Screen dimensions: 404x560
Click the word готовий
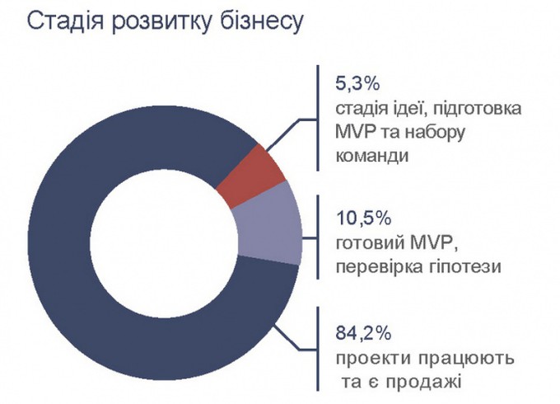click(x=371, y=246)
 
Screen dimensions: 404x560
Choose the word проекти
click(x=372, y=360)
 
